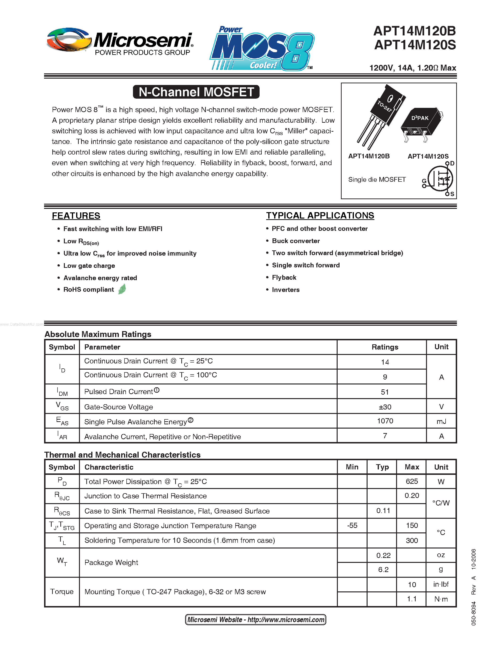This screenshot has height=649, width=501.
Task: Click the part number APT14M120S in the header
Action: pyautogui.click(x=415, y=45)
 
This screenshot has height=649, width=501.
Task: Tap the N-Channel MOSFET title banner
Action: pyautogui.click(x=196, y=92)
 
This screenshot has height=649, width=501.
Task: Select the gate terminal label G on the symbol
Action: pyautogui.click(x=424, y=181)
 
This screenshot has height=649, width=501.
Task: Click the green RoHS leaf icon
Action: pyautogui.click(x=122, y=289)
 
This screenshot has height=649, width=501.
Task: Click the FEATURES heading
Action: pyautogui.click(x=76, y=216)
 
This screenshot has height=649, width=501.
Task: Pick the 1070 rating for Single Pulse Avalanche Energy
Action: pyautogui.click(x=385, y=421)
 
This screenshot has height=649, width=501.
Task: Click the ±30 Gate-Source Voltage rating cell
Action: pyautogui.click(x=385, y=407)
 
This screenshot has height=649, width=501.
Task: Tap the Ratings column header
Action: pyautogui.click(x=385, y=347)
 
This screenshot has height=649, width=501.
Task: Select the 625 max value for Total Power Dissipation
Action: pyautogui.click(x=412, y=481)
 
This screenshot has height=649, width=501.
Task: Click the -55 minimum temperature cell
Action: pyautogui.click(x=352, y=525)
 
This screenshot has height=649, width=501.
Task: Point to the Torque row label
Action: pyautogui.click(x=62, y=591)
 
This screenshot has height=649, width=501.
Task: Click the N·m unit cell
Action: pyautogui.click(x=441, y=599)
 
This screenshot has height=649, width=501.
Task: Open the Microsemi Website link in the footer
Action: pyautogui.click(x=256, y=619)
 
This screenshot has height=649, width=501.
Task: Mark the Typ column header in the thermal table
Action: pyautogui.click(x=382, y=467)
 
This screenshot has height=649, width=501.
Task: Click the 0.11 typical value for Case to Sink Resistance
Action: pyautogui.click(x=383, y=510)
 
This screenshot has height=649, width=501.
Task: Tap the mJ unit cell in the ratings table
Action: pyautogui.click(x=441, y=421)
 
